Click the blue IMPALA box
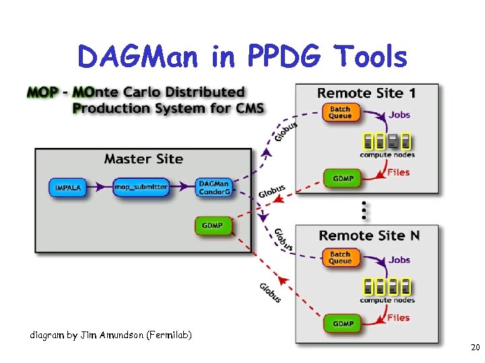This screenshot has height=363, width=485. pyautogui.click(x=68, y=188)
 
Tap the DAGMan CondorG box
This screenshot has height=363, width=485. pyautogui.click(x=214, y=188)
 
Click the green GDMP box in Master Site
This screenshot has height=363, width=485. pyautogui.click(x=213, y=225)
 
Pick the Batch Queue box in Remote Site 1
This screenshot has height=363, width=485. pyautogui.click(x=340, y=112)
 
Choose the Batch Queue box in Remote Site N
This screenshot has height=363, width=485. pyautogui.click(x=340, y=257)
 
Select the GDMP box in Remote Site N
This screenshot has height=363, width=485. pyautogui.click(x=344, y=323)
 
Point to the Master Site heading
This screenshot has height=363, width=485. pyautogui.click(x=143, y=159)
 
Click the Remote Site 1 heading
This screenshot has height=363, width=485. pyautogui.click(x=367, y=93)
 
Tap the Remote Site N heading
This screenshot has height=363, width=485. pyautogui.click(x=368, y=235)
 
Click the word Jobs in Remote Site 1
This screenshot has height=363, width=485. pyautogui.click(x=399, y=114)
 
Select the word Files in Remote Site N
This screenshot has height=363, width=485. pyautogui.click(x=398, y=318)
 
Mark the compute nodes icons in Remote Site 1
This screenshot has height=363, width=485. pyautogui.click(x=387, y=141)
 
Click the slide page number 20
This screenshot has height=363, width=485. pyautogui.click(x=475, y=348)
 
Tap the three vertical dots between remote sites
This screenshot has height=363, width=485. pyautogui.click(x=365, y=210)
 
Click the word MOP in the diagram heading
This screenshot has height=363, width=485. pyautogui.click(x=42, y=92)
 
